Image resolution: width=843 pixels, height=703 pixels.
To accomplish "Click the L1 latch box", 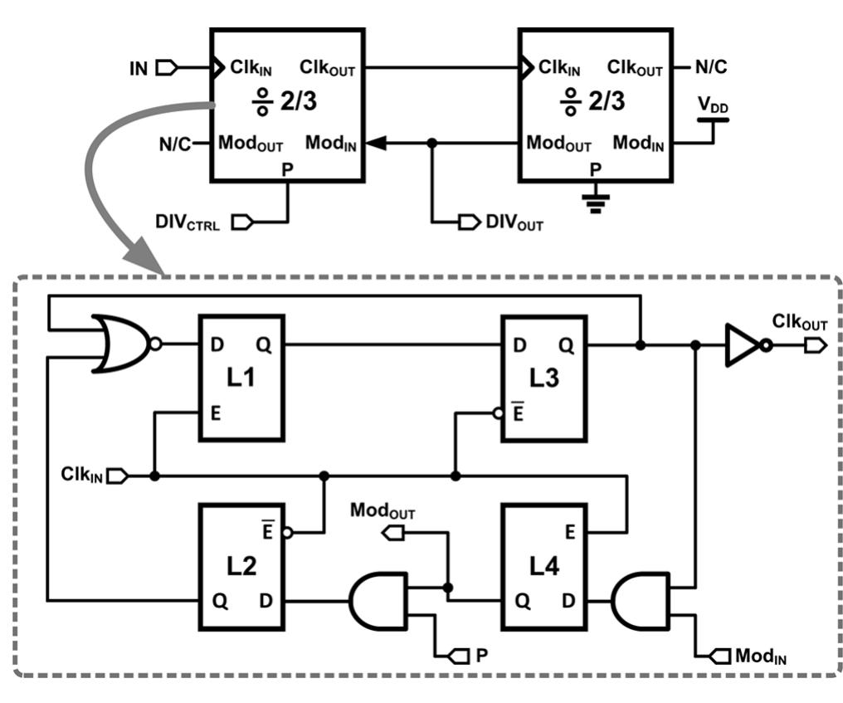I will pyautogui.click(x=241, y=377).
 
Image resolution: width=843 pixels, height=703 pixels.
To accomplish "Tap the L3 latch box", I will pyautogui.click(x=543, y=377).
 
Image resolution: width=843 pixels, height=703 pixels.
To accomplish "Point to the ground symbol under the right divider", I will pyautogui.click(x=593, y=202).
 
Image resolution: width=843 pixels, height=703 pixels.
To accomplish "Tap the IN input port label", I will pyautogui.click(x=139, y=68).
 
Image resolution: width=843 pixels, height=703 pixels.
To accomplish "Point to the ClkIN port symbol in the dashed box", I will pyautogui.click(x=118, y=476).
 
